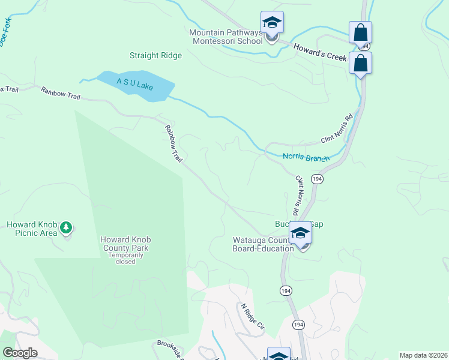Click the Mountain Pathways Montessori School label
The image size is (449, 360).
tap(226, 37)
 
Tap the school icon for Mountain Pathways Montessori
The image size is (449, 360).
tap(272, 23)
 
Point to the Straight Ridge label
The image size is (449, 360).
tap(155, 56)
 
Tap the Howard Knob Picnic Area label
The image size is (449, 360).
tap(32, 229)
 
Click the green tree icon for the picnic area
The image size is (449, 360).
tap(66, 227)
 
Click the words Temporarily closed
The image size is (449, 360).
tap(125, 258)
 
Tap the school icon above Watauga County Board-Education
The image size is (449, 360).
tap(300, 233)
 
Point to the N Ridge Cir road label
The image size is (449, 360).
tap(253, 316)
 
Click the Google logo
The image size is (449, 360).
tap(19, 353)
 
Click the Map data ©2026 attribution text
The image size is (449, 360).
tap(423, 355)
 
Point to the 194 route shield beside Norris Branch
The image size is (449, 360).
tap(318, 179)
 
